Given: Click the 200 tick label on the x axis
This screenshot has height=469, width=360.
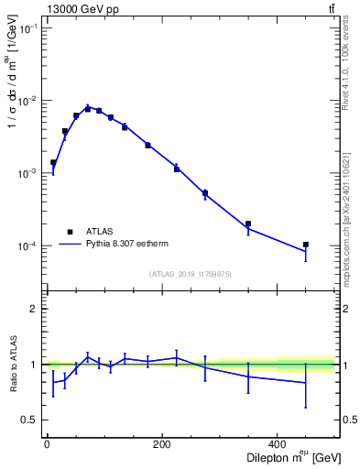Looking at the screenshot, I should point(162,444).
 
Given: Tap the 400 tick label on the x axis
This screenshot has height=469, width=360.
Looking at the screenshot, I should point(278,444).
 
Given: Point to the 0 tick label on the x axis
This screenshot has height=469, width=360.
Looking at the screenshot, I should point(47,444).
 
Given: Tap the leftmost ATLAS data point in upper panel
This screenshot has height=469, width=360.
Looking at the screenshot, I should point(53,162).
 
